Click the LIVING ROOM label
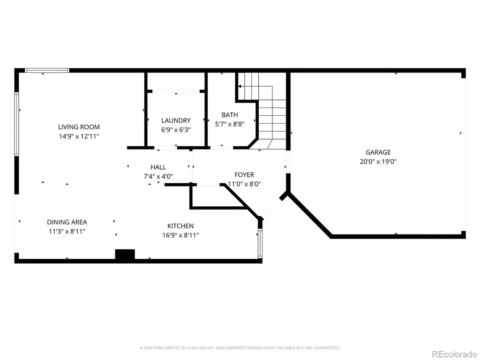[79, 127]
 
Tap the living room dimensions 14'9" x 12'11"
[79, 136]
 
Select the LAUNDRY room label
[176, 120]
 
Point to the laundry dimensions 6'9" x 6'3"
[176, 130]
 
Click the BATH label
[230, 115]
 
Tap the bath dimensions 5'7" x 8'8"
[230, 124]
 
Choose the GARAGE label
[378, 152]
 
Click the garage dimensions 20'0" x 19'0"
[378, 162]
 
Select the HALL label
[158, 167]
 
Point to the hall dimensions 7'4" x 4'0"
[158, 177]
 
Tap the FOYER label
[244, 175]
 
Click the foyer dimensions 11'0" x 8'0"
[244, 184]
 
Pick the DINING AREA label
[67, 222]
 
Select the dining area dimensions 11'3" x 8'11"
[67, 232]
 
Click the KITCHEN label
[180, 226]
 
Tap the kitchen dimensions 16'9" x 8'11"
[180, 235]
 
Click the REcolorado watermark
[454, 354]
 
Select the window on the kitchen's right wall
[260, 244]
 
